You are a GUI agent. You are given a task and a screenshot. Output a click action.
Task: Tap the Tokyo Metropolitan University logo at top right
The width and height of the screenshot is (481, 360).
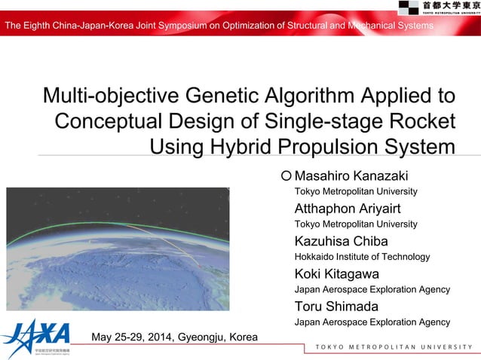pyautogui.click(x=439, y=8)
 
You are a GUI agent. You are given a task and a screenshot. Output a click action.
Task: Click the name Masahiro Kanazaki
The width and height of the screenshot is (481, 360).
pyautogui.click(x=351, y=176)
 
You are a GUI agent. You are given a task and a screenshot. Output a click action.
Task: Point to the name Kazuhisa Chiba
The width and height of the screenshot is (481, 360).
pyautogui.click(x=341, y=241)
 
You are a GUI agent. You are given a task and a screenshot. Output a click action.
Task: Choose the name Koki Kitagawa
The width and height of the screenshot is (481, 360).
pyautogui.click(x=336, y=273)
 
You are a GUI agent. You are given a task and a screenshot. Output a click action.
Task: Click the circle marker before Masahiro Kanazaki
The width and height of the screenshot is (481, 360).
pyautogui.click(x=286, y=176)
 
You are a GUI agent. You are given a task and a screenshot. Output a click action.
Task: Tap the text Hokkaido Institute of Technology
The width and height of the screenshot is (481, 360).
pyautogui.click(x=362, y=257)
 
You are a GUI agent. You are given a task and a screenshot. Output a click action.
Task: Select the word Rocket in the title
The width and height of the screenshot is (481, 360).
pyautogui.click(x=423, y=121)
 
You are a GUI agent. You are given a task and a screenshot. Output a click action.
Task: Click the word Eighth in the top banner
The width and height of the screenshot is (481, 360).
pyautogui.click(x=41, y=27)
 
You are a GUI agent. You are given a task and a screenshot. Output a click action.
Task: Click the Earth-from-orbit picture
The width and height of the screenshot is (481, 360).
pyautogui.click(x=118, y=249)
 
